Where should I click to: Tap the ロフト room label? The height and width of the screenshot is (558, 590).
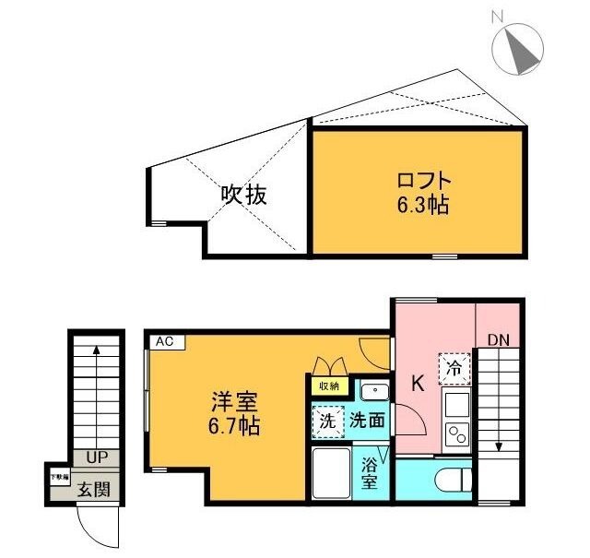coord(424,179)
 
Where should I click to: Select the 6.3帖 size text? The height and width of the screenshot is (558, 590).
coord(423,204)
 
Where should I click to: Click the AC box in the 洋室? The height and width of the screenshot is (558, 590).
coord(165,341)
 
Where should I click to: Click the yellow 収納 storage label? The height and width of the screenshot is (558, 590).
coord(327,386)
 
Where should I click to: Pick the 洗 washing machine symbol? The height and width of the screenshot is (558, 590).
coord(327,421)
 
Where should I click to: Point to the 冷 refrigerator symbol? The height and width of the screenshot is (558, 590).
coord(454,368)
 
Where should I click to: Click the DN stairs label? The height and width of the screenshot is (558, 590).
coord(498,340)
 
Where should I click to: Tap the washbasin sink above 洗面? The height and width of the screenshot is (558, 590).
coord(374,392)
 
